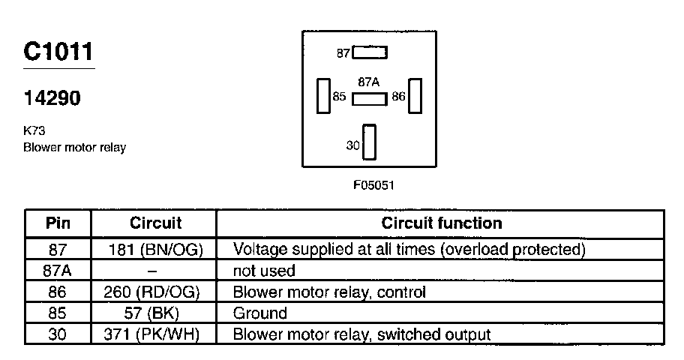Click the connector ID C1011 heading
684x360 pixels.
click(58, 52)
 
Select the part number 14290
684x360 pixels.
click(52, 99)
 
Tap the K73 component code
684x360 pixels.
click(34, 130)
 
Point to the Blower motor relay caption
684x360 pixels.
click(74, 147)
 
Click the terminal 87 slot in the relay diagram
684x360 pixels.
click(370, 53)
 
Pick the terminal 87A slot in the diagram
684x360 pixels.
click(370, 99)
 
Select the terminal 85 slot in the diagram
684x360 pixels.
click(323, 97)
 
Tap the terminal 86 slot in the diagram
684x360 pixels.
click(415, 97)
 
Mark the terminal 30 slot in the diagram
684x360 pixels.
click(369, 142)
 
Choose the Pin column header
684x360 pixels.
click(58, 223)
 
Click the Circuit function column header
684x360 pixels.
click(442, 223)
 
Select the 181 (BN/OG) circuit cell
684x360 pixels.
click(155, 248)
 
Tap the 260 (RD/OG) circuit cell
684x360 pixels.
click(155, 292)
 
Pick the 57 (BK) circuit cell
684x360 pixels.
click(155, 313)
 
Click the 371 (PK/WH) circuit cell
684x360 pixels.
click(155, 334)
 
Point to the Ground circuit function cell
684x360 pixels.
click(260, 313)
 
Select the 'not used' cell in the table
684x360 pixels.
click(264, 270)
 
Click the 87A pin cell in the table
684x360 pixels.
click(58, 270)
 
